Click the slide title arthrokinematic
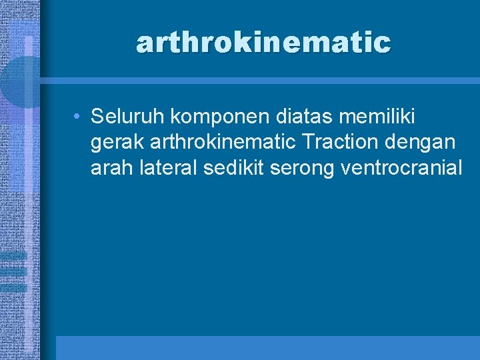pos(263,43)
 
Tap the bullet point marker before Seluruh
pos(78,117)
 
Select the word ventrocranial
pos(401,167)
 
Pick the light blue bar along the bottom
pos(267,347)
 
